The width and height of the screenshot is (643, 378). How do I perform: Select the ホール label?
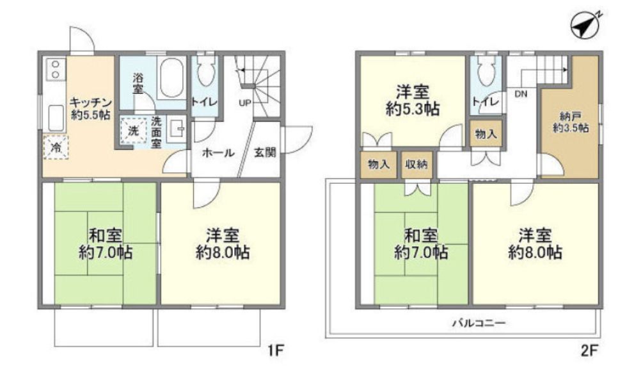coord(218,153)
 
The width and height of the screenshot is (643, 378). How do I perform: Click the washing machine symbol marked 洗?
coord(133,130)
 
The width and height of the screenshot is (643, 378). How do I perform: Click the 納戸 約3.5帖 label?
coord(571,122)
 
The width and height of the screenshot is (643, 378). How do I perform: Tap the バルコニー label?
coord(479,324)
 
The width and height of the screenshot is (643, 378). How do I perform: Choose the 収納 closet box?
coord(417,164)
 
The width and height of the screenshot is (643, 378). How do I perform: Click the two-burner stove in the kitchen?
coord(54,69)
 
